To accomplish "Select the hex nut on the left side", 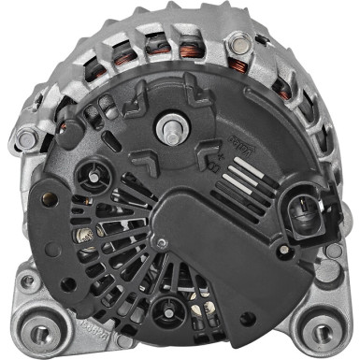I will (x=27, y=140).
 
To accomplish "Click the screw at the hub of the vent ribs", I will (x=161, y=243).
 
